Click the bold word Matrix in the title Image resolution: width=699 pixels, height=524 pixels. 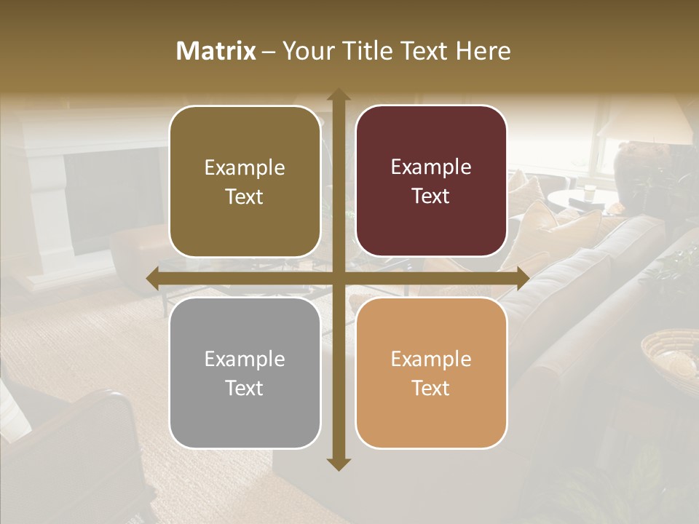click(x=216, y=51)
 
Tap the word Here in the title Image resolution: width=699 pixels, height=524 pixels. click(x=483, y=51)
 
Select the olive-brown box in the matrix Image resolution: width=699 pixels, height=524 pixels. click(x=245, y=181)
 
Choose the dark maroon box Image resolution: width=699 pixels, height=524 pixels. click(x=431, y=181)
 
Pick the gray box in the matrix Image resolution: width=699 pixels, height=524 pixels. click(x=245, y=373)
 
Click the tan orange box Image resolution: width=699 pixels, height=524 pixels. click(x=431, y=373)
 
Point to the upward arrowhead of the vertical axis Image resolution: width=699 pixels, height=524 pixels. click(x=338, y=95)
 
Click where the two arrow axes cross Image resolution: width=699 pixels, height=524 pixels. click(x=338, y=278)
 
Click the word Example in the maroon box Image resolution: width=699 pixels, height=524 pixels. click(x=431, y=167)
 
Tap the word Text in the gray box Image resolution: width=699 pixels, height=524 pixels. click(x=245, y=388)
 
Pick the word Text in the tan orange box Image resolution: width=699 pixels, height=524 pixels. click(x=431, y=388)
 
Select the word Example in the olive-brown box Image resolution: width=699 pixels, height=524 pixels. click(x=245, y=168)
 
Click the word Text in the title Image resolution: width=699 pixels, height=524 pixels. click(x=422, y=51)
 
